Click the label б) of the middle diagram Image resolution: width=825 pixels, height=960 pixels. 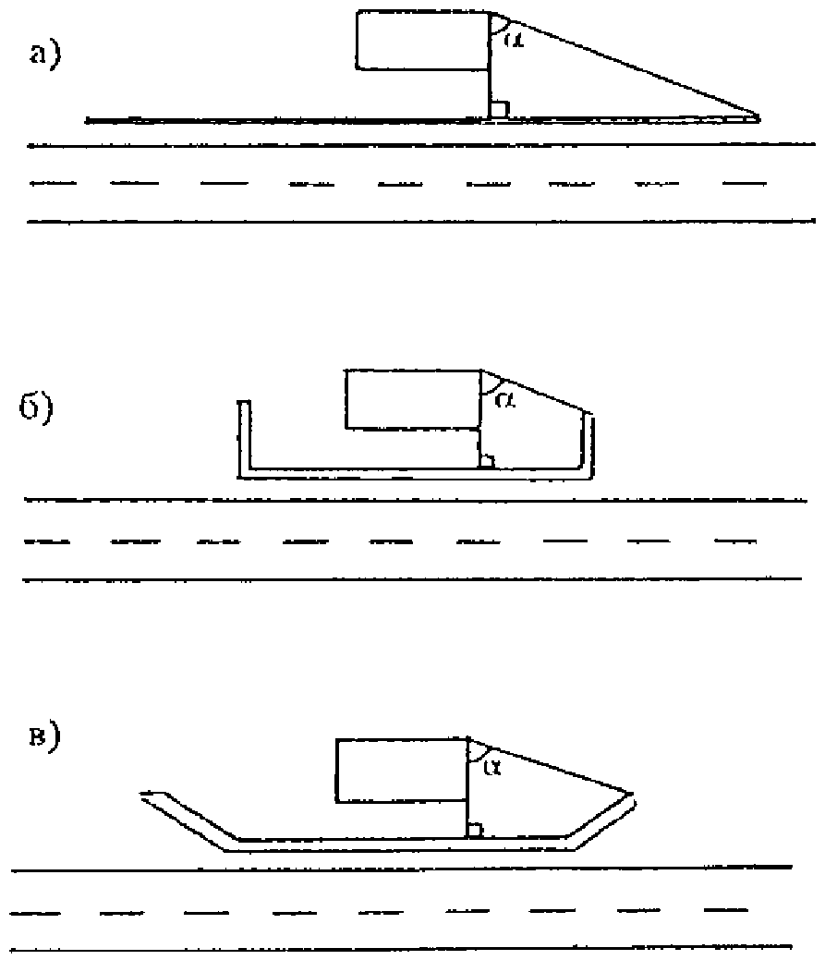[x=36, y=407]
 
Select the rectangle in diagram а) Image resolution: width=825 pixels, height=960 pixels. [x=423, y=39]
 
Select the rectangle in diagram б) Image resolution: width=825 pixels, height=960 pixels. [x=412, y=399]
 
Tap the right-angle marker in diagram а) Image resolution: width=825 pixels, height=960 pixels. [x=499, y=110]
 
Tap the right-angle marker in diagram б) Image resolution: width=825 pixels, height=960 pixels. [x=488, y=460]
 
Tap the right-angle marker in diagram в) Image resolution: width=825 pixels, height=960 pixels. [x=475, y=830]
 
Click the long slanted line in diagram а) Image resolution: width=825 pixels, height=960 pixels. [x=628, y=66]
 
